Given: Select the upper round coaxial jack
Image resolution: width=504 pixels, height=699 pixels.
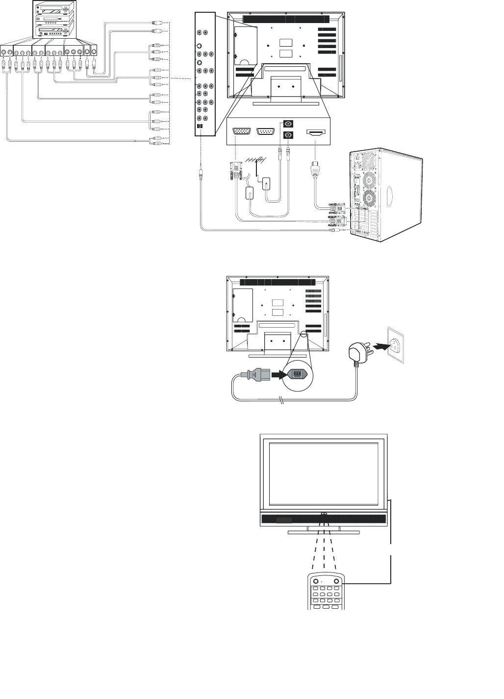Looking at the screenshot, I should pos(289,124).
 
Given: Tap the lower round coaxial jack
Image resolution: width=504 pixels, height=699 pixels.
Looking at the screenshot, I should pos(289,135).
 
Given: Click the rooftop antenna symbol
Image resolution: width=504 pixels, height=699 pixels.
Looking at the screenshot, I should pos(255,160).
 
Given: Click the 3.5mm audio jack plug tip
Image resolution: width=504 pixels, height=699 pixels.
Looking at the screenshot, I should pos(201,172).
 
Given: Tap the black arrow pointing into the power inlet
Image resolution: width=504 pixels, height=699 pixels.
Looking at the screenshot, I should pos(277,374).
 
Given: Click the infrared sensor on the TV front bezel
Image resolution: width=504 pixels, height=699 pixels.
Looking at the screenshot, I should pos(324,515).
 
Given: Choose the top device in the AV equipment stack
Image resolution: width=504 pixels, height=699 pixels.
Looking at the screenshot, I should pos(53,8).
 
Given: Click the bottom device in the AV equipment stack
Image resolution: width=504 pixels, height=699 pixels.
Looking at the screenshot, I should pos(53,31).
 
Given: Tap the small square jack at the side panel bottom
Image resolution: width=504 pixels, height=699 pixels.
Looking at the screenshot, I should pos(200,127).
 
